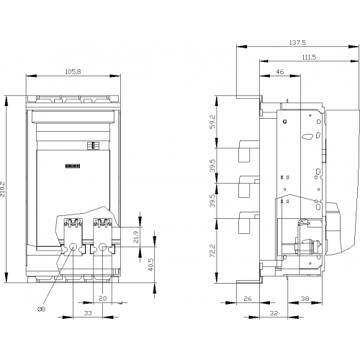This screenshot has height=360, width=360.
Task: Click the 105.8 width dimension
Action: tap(73, 71)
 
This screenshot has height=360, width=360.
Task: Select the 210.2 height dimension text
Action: tap(3, 189)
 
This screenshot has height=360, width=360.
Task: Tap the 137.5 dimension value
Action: tap(297, 42)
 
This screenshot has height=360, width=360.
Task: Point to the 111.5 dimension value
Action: tap(309, 57)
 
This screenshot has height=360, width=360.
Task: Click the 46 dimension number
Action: tap(280, 71)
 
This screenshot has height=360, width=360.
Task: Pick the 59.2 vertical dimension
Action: tap(213, 122)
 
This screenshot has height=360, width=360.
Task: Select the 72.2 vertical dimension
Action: tap(213, 251)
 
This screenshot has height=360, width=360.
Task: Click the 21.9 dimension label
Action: tap(136, 236)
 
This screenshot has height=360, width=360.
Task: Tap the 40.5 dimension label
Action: tap(150, 264)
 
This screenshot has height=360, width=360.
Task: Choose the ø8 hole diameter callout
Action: tap(41, 309)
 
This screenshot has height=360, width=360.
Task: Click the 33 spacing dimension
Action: tap(88, 313)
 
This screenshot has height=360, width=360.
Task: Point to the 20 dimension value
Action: tap(102, 298)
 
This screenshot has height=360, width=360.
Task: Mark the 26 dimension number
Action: tap(248, 298)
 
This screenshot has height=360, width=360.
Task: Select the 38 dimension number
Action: tap(305, 298)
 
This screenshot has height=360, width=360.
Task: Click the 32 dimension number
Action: tap(274, 313)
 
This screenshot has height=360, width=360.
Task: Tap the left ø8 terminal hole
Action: tap(73, 247)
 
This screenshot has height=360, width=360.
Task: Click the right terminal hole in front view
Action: tap(103, 247)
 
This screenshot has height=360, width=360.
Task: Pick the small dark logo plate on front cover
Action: tap(73, 166)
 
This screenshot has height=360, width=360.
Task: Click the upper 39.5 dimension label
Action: tap(213, 166)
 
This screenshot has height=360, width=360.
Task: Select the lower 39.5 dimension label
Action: tap(213, 201)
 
